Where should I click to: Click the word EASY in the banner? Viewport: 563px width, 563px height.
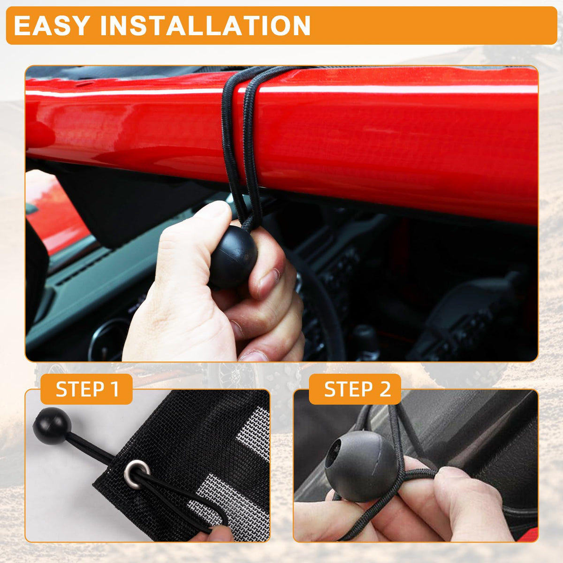click(52, 26)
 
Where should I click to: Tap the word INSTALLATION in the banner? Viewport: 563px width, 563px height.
click(205, 26)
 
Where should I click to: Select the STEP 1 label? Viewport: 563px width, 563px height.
click(87, 389)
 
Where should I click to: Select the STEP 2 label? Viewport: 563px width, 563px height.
click(358, 389)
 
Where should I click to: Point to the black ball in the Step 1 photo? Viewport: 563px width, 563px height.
click(52, 426)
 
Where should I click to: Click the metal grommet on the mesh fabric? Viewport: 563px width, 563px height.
click(137, 474)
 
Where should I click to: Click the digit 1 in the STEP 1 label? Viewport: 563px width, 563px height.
click(115, 389)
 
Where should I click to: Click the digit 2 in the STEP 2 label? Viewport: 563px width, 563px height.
click(385, 389)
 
